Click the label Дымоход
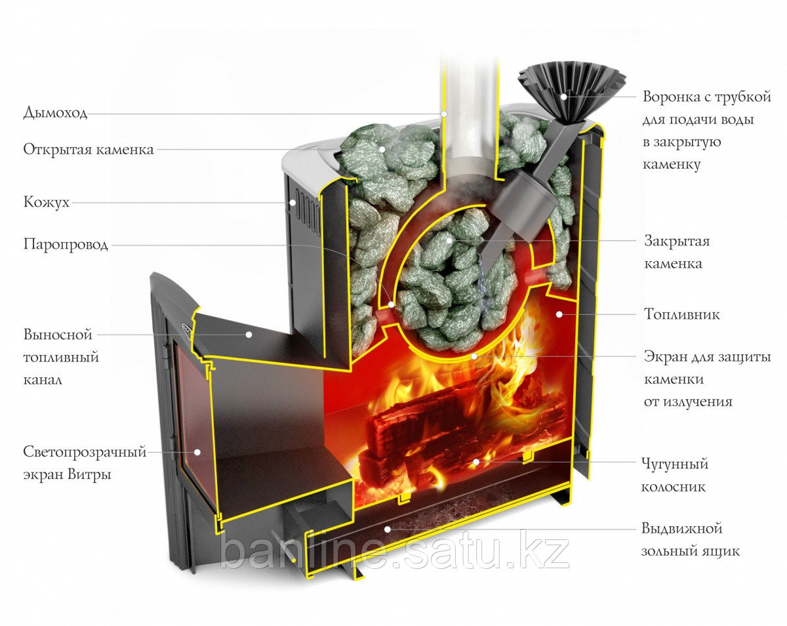[x=55, y=113]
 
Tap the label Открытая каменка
[x=89, y=150]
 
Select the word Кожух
[x=47, y=203]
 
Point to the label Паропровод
[x=66, y=245]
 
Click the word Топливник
[x=681, y=314]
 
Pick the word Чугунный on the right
[x=675, y=465]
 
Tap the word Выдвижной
[x=681, y=528]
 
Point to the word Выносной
[x=58, y=335]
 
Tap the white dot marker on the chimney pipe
[x=444, y=114]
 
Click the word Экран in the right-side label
[x=666, y=358]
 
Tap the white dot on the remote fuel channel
[x=249, y=334]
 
